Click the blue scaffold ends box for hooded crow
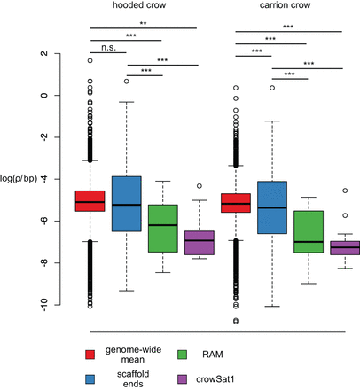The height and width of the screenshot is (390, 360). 126,204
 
